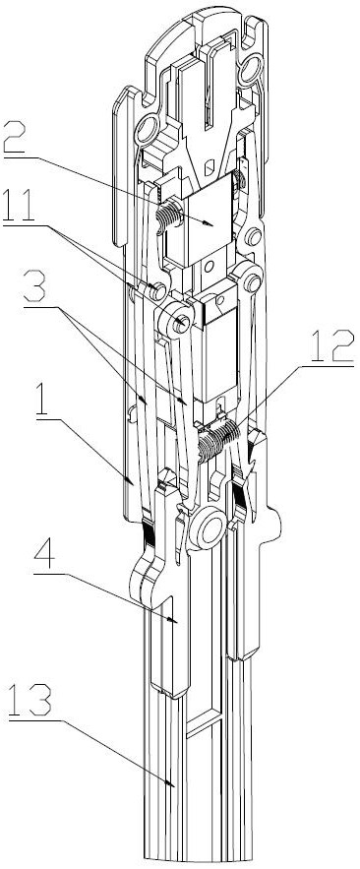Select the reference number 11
click(x=19, y=206)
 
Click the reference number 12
click(x=331, y=347)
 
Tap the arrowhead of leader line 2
click(x=209, y=222)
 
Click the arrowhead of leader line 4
click(x=173, y=620)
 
